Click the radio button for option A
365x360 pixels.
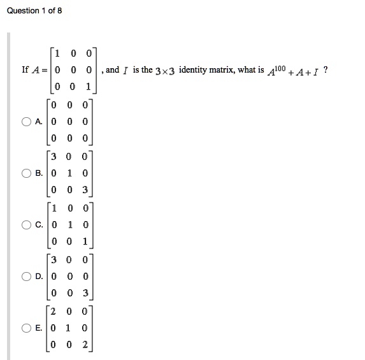[26, 121]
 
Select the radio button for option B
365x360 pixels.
[26, 173]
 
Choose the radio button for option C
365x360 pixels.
[26, 224]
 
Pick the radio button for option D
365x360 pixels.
[26, 277]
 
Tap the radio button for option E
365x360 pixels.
[26, 328]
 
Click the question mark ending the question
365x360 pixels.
[326, 69]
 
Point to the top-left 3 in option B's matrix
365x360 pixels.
[56, 156]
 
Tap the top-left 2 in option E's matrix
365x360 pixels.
[56, 312]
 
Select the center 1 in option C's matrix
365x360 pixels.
[71, 224]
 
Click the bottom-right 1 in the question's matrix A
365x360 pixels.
[88, 87]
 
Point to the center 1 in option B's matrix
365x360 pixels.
[71, 173]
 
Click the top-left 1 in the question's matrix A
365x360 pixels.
[57, 53]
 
